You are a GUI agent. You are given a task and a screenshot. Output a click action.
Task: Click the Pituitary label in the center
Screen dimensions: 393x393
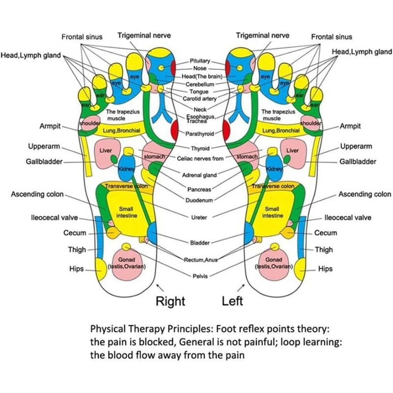click(x=200, y=61)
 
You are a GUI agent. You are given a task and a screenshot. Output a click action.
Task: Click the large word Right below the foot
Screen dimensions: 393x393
click(x=170, y=301)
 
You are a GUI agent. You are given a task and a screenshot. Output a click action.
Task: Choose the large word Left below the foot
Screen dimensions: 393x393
click(x=232, y=301)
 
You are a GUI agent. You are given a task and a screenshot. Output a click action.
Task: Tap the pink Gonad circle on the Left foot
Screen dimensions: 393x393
click(x=273, y=265)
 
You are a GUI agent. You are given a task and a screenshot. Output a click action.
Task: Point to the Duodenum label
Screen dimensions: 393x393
click(x=199, y=200)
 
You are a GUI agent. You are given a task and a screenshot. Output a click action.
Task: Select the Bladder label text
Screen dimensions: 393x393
click(x=200, y=243)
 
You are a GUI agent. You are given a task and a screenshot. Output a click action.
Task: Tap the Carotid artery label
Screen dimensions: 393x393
click(x=200, y=99)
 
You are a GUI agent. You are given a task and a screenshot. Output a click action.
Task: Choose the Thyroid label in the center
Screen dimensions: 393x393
click(x=200, y=148)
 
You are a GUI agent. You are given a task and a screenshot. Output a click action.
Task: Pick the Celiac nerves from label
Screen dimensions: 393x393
click(x=200, y=159)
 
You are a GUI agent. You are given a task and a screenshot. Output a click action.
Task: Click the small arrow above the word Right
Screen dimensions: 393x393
click(x=158, y=286)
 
